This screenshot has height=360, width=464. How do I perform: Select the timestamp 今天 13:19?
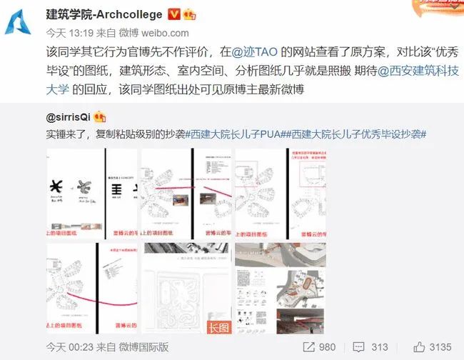pyautogui.click(x=64, y=33)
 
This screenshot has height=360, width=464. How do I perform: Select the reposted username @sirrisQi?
pyautogui.click(x=69, y=116)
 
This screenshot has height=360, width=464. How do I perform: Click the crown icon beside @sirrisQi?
pyautogui.click(x=101, y=116)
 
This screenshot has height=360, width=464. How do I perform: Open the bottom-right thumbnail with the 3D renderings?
pyautogui.click(x=280, y=289)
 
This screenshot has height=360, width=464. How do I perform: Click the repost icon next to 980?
pyautogui.click(x=307, y=346)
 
